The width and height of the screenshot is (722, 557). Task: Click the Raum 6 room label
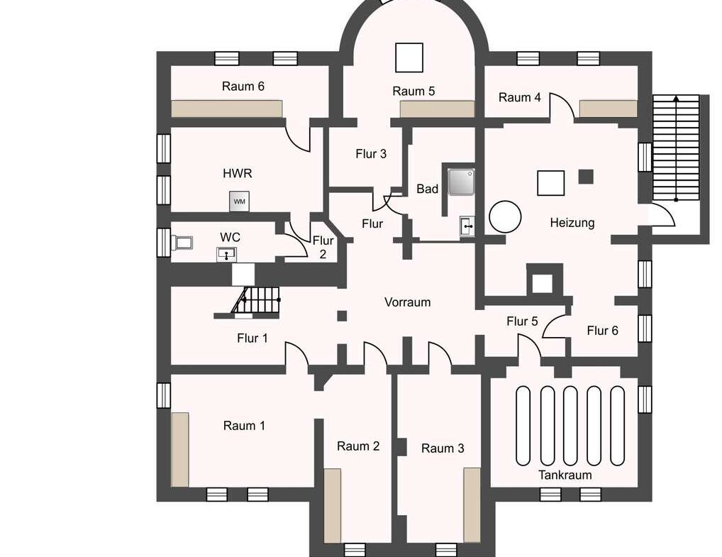(x=243, y=86)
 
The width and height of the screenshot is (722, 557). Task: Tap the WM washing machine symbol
(x=240, y=202)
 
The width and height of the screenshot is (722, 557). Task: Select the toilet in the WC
(x=182, y=243)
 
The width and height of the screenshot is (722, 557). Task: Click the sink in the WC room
(x=226, y=254)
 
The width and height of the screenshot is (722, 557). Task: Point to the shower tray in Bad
(x=461, y=182)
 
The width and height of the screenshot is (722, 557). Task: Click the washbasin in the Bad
(x=467, y=226)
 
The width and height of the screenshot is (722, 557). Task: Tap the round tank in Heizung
(x=505, y=216)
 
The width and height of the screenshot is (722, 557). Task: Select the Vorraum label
(x=408, y=302)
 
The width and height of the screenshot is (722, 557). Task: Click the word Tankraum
(x=565, y=475)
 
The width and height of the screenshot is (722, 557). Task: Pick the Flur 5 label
(x=522, y=321)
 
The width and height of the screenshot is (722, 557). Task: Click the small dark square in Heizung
(x=586, y=177)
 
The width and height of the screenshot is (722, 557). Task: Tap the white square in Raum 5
(x=409, y=57)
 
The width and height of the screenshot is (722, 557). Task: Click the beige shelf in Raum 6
(x=227, y=109)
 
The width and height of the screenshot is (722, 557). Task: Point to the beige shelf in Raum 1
(x=180, y=449)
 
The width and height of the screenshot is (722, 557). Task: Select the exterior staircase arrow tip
(x=676, y=97)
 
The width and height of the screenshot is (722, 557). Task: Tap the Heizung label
(x=572, y=223)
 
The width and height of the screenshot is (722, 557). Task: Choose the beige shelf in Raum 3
(x=472, y=505)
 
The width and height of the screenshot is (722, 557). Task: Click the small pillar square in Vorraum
(x=342, y=316)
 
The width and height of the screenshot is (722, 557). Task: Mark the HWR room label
(x=238, y=173)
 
